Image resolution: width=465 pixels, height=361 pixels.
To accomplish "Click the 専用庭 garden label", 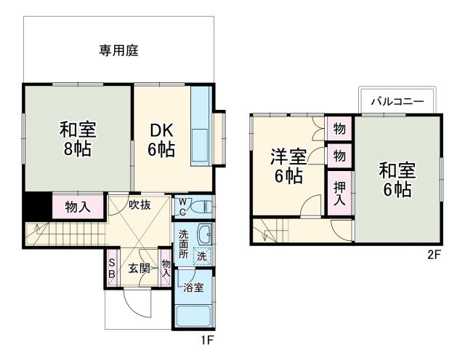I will (x=118, y=51).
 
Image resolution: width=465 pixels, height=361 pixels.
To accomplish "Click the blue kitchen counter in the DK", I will (x=201, y=127).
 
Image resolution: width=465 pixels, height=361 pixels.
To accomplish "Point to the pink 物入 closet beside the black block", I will (x=78, y=207).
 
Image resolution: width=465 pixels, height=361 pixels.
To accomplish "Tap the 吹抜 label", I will (x=139, y=205).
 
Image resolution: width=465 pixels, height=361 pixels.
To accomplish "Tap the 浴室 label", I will (x=193, y=287).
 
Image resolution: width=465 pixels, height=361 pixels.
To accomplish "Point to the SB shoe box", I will (x=112, y=269).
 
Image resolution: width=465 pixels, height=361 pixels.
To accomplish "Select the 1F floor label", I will (x=209, y=339).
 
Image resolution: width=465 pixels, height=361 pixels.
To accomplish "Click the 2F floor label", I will (x=434, y=255).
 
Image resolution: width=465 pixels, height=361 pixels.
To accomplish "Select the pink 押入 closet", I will (x=339, y=192).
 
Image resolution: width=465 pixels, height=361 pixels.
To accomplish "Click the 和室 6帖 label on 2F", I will (x=397, y=180).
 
